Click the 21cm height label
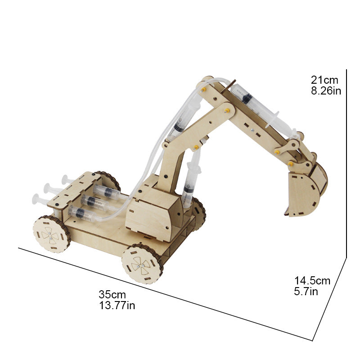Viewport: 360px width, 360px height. pyautogui.click(x=324, y=80)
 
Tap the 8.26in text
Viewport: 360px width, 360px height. pyautogui.click(x=326, y=91)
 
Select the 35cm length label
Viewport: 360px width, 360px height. pyautogui.click(x=112, y=294)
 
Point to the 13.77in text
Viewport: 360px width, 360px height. pyautogui.click(x=117, y=306)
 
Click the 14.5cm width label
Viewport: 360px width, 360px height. pyautogui.click(x=312, y=280)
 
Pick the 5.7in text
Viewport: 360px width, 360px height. pyautogui.click(x=306, y=292)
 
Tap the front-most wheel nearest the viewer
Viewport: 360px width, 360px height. pyautogui.click(x=142, y=264)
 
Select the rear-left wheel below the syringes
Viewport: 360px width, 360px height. pyautogui.click(x=51, y=234)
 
